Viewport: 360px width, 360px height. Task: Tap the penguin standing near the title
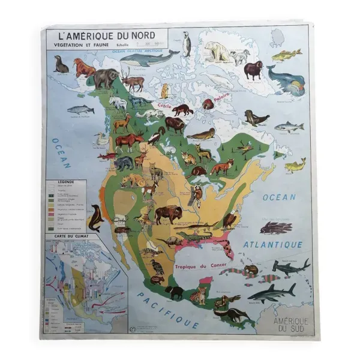coord(187,44)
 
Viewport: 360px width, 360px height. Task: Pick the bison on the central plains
coord(167,214)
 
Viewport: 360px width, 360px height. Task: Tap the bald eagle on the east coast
coord(230,220)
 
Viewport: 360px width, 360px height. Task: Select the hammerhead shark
coord(290,266)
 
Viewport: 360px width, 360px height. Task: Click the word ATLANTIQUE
coord(273,244)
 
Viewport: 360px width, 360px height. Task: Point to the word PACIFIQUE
coord(167,308)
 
